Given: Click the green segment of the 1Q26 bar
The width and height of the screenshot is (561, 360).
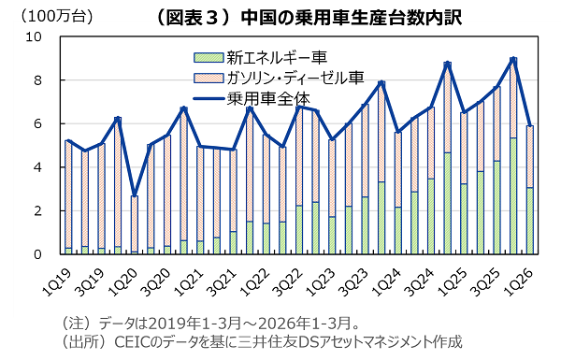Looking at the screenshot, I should [x=529, y=222].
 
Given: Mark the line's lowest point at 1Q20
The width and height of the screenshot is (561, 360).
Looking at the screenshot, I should [x=134, y=195].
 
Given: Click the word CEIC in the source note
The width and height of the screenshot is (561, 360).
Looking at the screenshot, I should [x=132, y=342].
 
